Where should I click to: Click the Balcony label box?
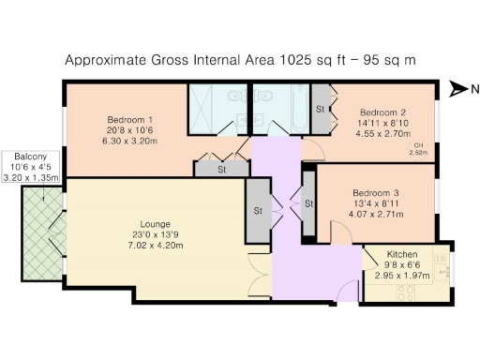tap(30, 165)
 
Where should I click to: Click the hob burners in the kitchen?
tap(408, 293)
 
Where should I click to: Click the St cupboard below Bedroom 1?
tap(221, 170)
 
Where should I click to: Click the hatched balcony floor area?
tap(40, 230)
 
